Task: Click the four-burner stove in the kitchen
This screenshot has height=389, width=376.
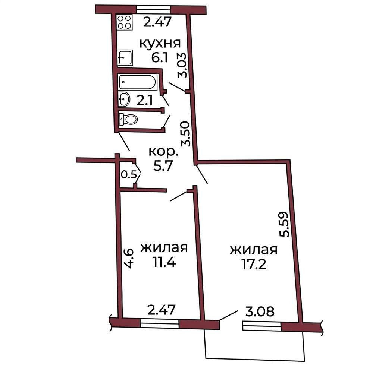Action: point(125,22)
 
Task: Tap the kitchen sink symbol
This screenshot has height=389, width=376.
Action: point(125,57)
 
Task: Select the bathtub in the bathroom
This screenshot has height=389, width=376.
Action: point(137,82)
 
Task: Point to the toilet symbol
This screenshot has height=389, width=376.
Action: point(128,119)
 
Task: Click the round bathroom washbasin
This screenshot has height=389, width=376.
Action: point(124,99)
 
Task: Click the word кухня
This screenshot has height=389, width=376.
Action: point(160,43)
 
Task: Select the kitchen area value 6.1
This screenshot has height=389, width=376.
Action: point(160,58)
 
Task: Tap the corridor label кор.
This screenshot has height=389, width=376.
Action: point(163,152)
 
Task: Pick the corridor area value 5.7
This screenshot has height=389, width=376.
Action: point(163,166)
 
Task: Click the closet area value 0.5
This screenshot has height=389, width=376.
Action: point(129,175)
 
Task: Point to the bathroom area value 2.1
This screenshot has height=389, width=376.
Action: point(145,101)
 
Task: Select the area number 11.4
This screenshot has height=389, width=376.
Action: point(164,262)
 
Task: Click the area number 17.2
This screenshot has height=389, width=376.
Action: point(254,264)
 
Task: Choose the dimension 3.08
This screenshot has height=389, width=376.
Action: point(260,311)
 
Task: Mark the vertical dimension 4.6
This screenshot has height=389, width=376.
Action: point(129,259)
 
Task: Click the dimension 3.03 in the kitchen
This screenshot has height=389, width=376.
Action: point(182,65)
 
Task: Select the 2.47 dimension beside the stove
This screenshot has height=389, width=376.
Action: point(157,22)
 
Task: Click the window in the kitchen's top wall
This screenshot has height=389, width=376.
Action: point(153,10)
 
